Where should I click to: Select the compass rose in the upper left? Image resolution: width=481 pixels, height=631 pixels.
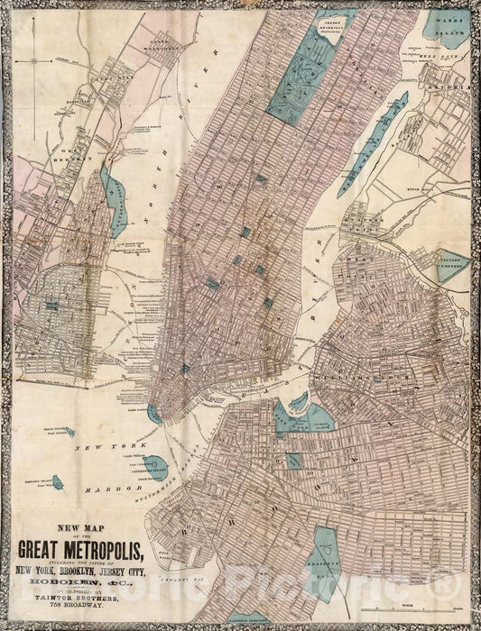coord(34,61)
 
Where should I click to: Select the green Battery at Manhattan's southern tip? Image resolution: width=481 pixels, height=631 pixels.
coord(156,414)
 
